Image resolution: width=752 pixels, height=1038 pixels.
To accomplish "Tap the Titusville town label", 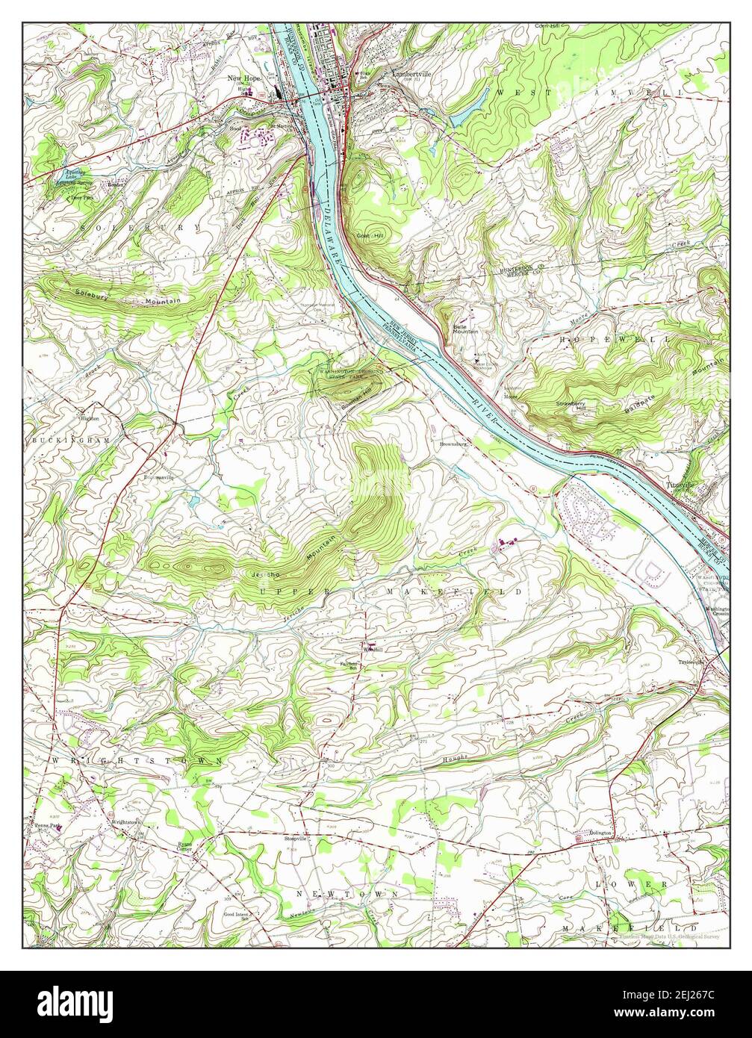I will coord(680,484).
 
